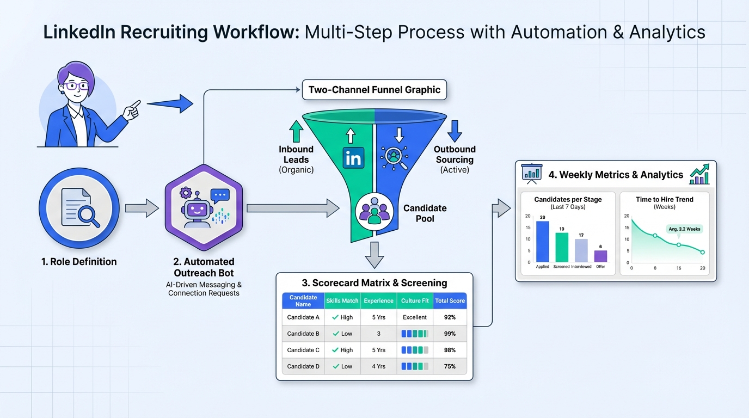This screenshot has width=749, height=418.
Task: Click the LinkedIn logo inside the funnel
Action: (354, 158)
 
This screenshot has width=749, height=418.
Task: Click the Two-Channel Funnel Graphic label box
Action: (374, 90)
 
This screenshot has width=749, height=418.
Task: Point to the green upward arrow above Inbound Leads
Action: (296, 132)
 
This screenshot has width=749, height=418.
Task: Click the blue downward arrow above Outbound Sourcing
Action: (455, 131)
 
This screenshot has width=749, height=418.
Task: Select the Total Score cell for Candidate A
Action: (450, 317)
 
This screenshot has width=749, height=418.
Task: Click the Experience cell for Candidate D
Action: (378, 366)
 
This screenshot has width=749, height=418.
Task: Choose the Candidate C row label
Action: (303, 350)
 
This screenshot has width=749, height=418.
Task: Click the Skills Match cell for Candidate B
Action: (342, 334)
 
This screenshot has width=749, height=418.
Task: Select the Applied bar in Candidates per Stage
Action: (543, 242)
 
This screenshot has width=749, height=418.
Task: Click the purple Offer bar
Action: (600, 256)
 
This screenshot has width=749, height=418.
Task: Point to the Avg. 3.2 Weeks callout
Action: (684, 229)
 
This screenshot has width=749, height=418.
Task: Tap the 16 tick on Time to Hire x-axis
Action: (679, 268)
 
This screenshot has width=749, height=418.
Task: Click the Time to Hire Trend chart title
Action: (664, 200)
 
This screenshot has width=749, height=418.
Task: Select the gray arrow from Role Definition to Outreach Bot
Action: (142, 208)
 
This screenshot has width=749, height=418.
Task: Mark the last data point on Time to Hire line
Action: (703, 252)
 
